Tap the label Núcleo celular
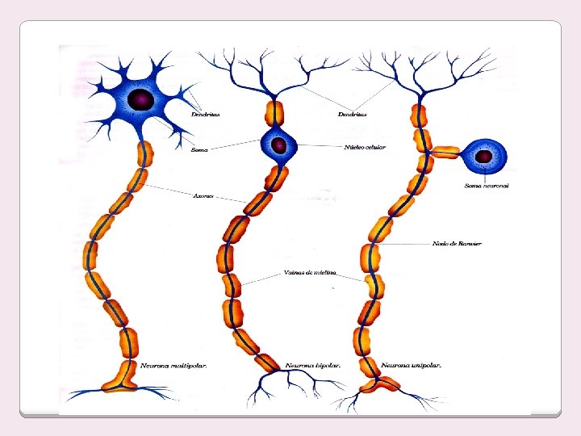365,147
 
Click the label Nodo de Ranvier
458,243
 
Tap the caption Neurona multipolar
174,366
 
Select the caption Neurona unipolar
412,366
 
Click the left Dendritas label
206,114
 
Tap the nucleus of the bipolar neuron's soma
278,145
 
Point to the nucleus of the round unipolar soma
485,156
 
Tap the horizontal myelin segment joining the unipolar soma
444,151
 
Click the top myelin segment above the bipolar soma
275,112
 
